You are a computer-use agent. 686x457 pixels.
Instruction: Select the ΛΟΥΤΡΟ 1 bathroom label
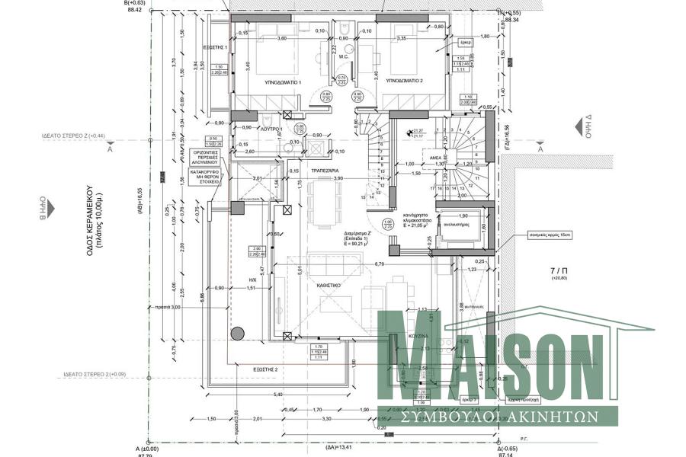click(271, 130)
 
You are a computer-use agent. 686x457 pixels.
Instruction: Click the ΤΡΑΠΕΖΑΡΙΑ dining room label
click(325, 171)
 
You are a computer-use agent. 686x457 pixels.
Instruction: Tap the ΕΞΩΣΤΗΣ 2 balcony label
click(266, 369)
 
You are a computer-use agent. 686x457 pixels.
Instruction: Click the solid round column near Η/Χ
click(238, 333)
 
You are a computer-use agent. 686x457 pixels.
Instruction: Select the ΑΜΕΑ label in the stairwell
click(437, 154)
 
